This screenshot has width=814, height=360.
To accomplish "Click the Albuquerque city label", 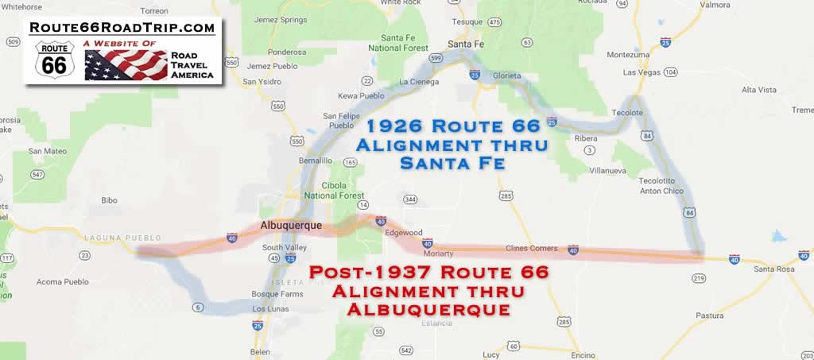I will pyautogui.click(x=291, y=226).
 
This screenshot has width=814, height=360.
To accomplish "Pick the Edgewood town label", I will pyautogui.click(x=403, y=233).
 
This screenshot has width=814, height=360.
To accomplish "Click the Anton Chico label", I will pyautogui.click(x=663, y=190).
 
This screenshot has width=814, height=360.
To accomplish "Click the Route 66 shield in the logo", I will pyautogui.click(x=53, y=61).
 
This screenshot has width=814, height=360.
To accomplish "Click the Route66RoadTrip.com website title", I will pyautogui.click(x=122, y=28).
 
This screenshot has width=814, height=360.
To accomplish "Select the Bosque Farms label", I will pyautogui.click(x=269, y=294).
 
